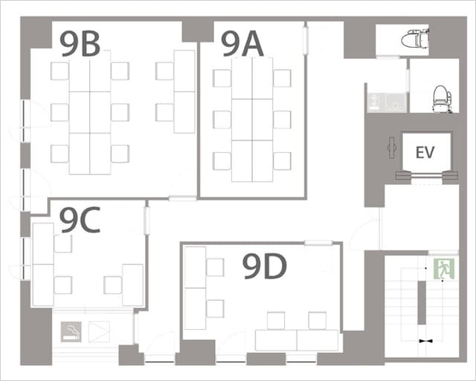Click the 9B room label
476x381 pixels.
click(x=80, y=44)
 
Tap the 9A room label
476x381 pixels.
click(x=242, y=44)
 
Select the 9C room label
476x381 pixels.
click(x=80, y=220)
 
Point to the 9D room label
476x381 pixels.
click(x=265, y=267)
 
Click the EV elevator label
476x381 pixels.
click(x=425, y=152)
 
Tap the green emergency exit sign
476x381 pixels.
click(x=444, y=269)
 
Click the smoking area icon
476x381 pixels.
click(x=71, y=331)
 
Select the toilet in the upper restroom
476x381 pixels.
click(x=415, y=38)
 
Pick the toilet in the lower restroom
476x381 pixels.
click(x=442, y=99)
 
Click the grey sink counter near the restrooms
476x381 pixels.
click(x=387, y=103)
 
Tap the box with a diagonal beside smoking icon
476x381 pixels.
click(x=99, y=331)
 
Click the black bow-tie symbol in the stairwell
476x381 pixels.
click(x=426, y=341)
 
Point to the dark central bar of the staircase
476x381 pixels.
click(x=422, y=303)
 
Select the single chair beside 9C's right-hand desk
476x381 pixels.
click(x=113, y=285)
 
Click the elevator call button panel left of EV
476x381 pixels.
click(x=392, y=148)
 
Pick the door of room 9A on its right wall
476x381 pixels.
click(x=306, y=41)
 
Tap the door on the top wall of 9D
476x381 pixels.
click(x=318, y=243)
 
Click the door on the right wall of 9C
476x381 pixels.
click(x=147, y=221)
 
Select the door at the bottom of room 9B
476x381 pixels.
click(x=182, y=198)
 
